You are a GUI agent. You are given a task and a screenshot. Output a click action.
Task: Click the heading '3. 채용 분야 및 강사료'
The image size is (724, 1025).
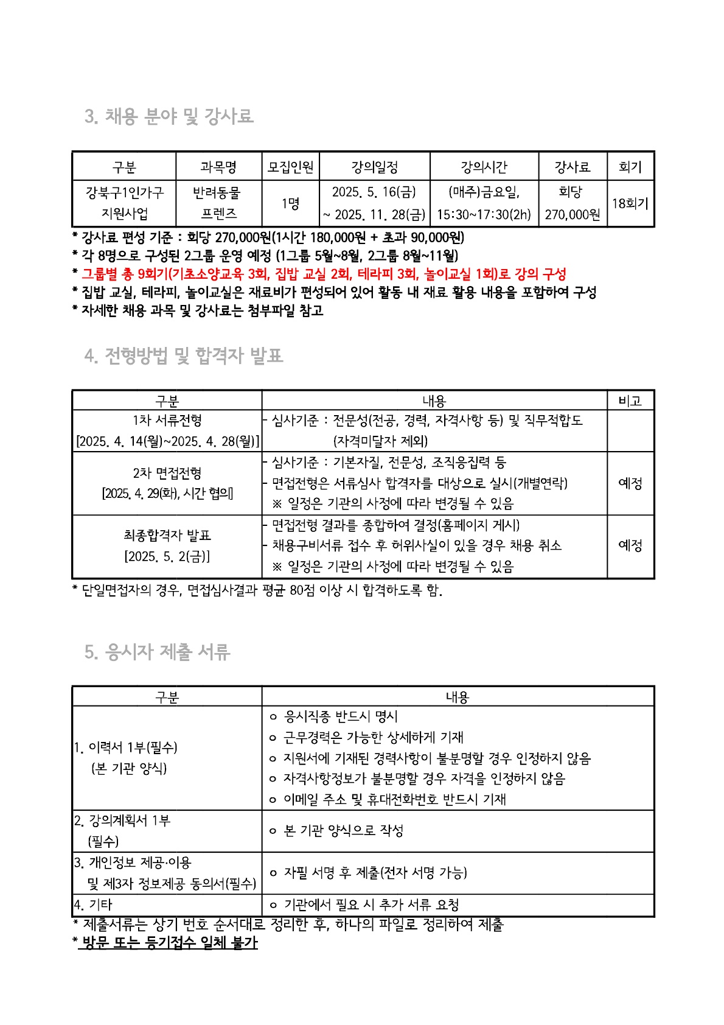tap(169, 116)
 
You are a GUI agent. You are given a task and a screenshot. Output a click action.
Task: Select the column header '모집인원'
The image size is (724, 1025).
tap(290, 167)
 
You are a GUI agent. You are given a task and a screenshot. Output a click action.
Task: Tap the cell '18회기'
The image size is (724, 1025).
tap(630, 204)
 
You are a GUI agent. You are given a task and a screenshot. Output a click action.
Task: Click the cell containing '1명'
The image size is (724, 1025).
tap(290, 204)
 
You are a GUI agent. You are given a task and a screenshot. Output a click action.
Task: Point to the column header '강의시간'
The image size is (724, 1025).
tap(484, 167)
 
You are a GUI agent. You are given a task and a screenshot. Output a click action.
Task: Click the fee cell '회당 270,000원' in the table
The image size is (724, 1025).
tap(572, 203)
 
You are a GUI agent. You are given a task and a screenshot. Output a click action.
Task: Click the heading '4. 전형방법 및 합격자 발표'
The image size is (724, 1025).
tap(184, 355)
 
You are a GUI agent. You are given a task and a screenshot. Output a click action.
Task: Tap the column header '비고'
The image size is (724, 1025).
tap(630, 401)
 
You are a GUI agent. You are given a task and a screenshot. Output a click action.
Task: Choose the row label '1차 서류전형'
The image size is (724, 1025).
tap(167, 421)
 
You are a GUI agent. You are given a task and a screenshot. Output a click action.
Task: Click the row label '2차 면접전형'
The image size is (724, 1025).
tap(167, 473)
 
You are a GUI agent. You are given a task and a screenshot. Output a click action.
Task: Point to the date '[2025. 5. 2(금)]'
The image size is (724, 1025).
tap(167, 556)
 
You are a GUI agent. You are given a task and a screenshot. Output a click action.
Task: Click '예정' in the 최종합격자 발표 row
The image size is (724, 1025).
tap(630, 545)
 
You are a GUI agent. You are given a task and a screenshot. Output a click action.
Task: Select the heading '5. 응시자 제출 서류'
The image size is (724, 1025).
tap(158, 652)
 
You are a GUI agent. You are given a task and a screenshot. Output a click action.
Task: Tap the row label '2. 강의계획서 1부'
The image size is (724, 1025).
tap(122, 821)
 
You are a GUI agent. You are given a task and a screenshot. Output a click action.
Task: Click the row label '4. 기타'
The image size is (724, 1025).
tap(94, 905)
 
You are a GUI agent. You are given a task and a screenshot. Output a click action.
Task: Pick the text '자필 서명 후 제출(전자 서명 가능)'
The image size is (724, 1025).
tap(375, 873)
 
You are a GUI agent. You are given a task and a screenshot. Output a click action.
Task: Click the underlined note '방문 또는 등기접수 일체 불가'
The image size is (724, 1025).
tap(169, 943)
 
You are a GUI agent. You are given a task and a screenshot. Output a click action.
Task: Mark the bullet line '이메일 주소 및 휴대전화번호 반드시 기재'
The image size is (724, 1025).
tap(394, 799)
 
